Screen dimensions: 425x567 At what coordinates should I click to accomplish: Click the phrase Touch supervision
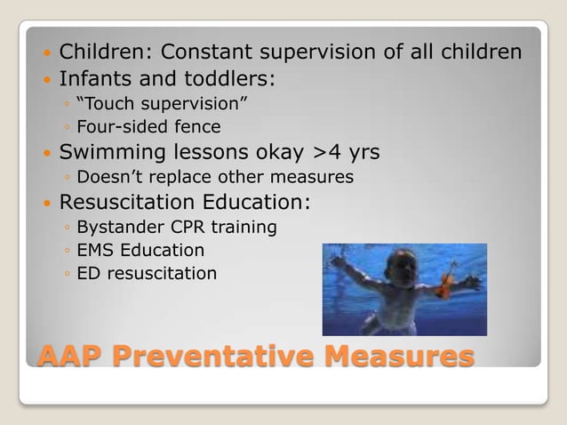(x=162, y=108)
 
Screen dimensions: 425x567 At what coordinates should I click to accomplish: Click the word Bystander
(x=115, y=228)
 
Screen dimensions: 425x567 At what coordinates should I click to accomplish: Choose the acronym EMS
(x=95, y=251)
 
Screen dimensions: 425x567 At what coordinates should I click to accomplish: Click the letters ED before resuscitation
(x=88, y=274)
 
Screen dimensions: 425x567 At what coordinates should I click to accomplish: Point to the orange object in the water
(x=442, y=286)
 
